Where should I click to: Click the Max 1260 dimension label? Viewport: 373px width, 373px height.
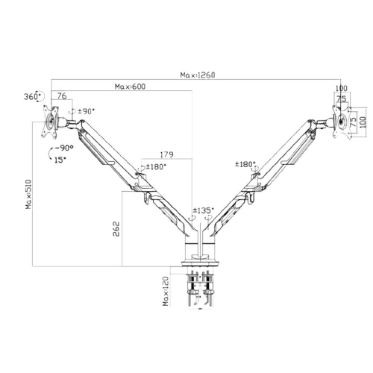tap(198, 75)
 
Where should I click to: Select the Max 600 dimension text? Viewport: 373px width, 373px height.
tap(130, 87)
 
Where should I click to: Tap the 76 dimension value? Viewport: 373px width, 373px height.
tap(62, 96)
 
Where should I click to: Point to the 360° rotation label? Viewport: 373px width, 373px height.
tap(32, 96)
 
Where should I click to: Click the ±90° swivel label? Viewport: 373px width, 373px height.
tap(87, 111)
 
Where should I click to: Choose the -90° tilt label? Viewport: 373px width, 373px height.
tap(64, 148)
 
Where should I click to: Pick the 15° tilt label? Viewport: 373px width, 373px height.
tap(60, 160)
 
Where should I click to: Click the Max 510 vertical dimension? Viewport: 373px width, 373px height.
tap(29, 194)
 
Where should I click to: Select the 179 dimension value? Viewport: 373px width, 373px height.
tap(166, 154)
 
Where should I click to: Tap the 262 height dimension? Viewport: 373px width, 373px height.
tap(116, 229)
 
